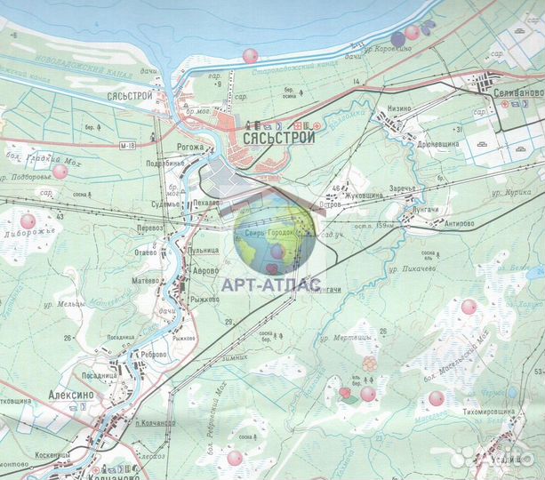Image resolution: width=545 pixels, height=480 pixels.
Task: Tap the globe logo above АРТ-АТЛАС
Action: pyautogui.click(x=275, y=237)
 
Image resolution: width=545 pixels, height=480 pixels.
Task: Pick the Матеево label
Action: pyautogui.click(x=144, y=280)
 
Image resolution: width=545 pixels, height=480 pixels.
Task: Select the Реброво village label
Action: pyautogui.click(x=154, y=354)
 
